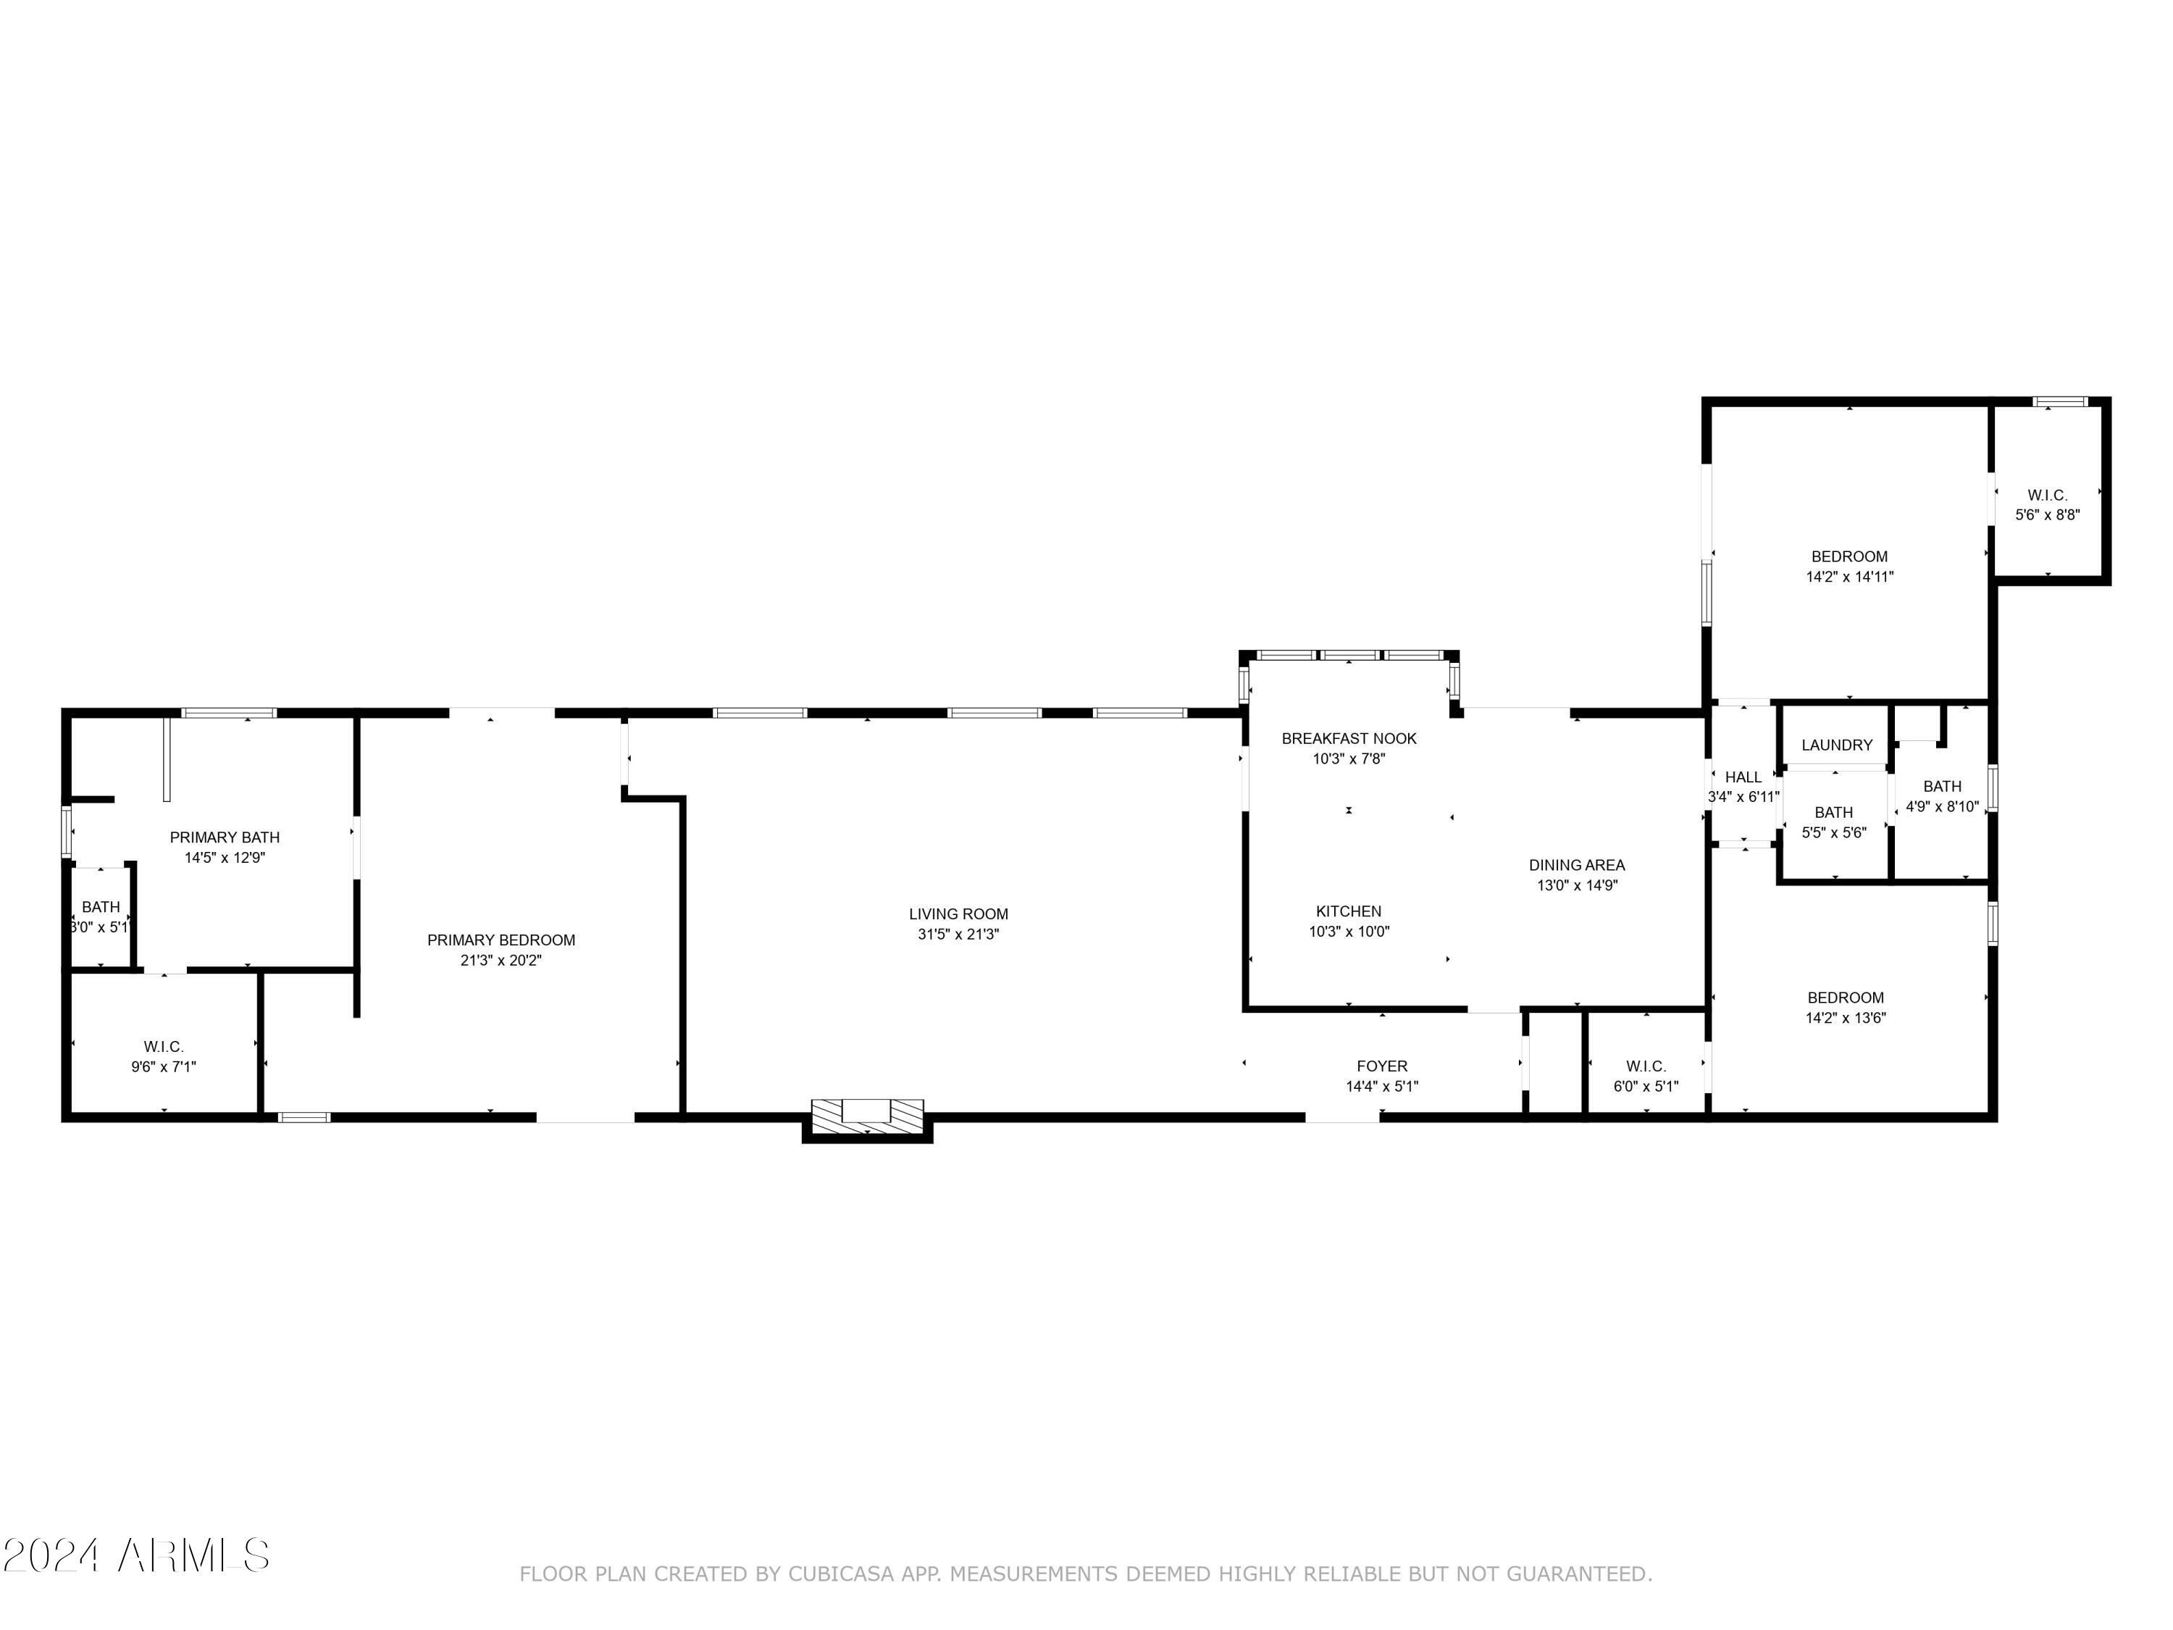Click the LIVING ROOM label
click(958, 914)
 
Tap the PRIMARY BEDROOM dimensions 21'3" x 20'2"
click(501, 960)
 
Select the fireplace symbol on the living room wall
click(866, 1113)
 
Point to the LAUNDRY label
click(1836, 745)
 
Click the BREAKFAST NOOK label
click(1349, 738)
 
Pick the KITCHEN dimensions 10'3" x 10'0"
click(1349, 932)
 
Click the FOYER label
click(1381, 1066)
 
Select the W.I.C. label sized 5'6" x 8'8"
click(2047, 496)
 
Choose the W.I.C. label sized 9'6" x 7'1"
click(163, 1046)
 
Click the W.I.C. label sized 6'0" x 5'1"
click(1646, 1066)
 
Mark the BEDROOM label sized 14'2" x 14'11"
click(1848, 556)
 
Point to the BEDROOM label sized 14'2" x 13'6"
click(1845, 998)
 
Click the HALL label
click(1743, 777)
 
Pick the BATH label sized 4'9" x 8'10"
click(1941, 786)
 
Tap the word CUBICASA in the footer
click(840, 1574)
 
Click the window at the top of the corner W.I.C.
click(2059, 401)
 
